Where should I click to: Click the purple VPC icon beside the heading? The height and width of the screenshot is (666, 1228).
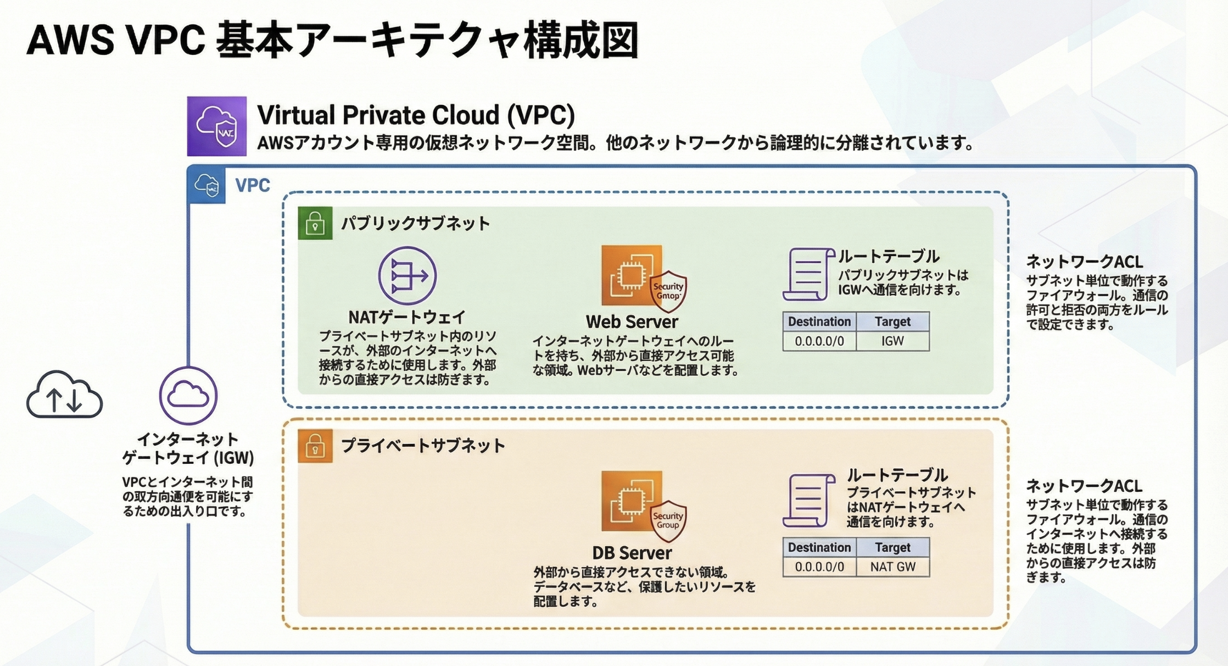216,126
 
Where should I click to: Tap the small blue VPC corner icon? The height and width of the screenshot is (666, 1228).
206,185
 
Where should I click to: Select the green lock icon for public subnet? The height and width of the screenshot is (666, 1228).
315,223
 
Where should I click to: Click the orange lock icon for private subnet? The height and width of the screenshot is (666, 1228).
315,446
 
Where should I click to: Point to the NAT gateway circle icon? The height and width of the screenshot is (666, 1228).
408,275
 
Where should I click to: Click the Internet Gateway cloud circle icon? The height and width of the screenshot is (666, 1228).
188,396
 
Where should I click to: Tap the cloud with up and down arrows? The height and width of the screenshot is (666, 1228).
64,395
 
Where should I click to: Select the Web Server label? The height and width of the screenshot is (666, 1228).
632,321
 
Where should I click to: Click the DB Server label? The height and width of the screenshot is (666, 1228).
632,553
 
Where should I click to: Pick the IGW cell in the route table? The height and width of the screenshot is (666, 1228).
893,341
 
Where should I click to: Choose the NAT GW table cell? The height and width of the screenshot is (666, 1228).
893,567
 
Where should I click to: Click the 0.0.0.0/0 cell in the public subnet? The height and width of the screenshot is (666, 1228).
819,341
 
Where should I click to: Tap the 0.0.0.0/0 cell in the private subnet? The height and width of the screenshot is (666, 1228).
819,567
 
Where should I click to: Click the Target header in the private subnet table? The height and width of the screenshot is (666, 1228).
893,547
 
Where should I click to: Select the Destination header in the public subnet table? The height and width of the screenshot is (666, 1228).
819,321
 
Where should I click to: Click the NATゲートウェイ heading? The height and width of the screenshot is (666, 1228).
407,317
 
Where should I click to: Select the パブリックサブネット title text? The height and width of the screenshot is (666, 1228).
416,224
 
